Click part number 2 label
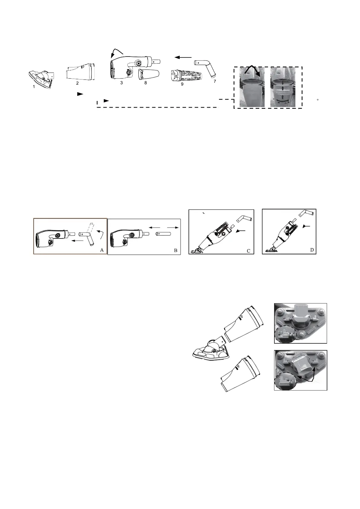click(77, 83)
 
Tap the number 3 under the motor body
click(121, 83)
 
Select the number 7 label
click(214, 81)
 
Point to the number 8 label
click(146, 83)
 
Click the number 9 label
click(182, 84)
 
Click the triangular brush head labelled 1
click(41, 77)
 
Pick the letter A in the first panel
click(101, 250)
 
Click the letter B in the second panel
click(175, 250)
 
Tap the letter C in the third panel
click(248, 250)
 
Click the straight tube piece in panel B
click(164, 234)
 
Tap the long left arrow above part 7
click(183, 57)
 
